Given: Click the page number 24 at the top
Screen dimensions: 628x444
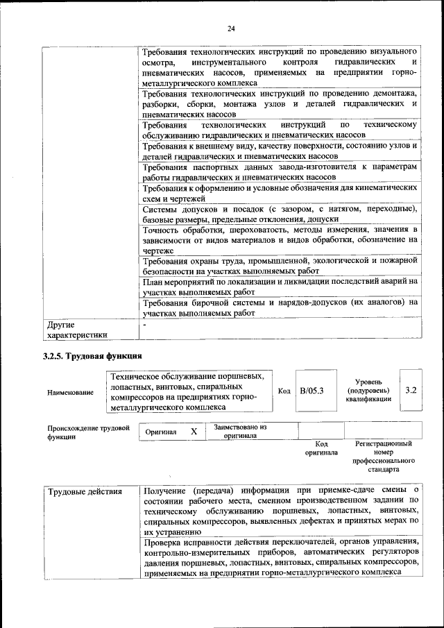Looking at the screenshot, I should tap(231, 28).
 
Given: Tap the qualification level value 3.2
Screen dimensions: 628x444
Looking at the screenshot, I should tap(411, 391).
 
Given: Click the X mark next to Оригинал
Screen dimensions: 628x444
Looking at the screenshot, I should tap(194, 432).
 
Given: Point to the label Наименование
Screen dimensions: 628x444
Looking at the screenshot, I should tap(70, 393).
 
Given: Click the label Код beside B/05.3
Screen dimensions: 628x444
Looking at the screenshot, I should tap(284, 391).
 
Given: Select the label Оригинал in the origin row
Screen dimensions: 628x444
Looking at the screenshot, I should tap(161, 432).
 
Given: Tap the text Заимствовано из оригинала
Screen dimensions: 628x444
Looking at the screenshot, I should tap(240, 432).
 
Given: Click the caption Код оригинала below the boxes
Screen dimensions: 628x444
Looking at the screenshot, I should tap(321, 448).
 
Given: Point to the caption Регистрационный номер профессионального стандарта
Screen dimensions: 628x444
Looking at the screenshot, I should tap(383, 456).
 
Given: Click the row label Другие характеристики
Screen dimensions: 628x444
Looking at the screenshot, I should tap(76, 330).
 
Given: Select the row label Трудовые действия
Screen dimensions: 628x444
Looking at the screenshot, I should tap(84, 492).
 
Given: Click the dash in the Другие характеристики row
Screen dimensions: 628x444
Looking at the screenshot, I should tap(145, 324).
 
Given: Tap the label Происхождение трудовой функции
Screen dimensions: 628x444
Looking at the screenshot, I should tap(88, 432).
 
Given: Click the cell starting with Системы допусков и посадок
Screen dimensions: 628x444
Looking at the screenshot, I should tap(279, 214).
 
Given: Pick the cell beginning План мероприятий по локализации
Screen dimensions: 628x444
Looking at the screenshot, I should tap(279, 287).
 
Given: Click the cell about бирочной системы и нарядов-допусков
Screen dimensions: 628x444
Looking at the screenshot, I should tap(279, 307).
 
